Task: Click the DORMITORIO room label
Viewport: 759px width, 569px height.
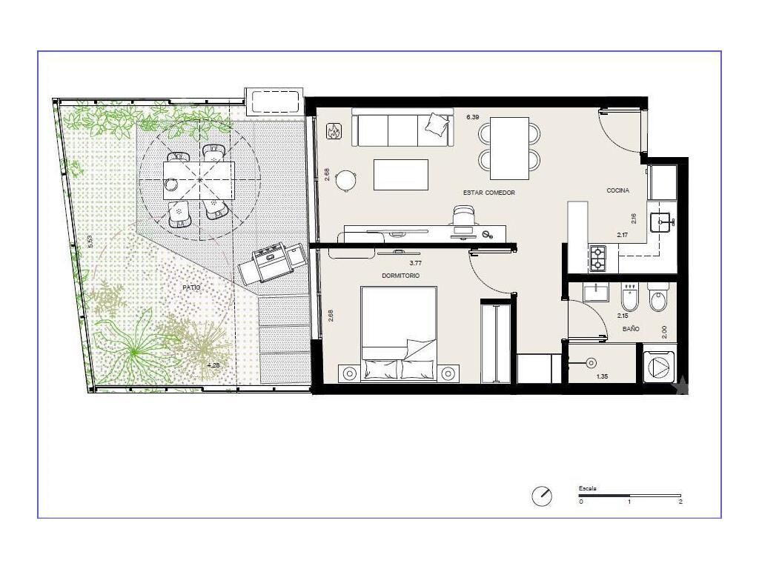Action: [400, 276]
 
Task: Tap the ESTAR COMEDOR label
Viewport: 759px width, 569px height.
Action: [489, 193]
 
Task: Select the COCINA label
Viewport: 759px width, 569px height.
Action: [617, 190]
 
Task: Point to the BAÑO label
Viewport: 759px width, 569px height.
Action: [631, 329]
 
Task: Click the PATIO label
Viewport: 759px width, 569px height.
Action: [191, 287]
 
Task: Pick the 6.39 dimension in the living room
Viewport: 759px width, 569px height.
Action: [472, 117]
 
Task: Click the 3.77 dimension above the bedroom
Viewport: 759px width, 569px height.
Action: [415, 263]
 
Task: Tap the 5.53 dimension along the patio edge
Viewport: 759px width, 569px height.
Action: [89, 242]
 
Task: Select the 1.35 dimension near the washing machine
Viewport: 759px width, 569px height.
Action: [602, 376]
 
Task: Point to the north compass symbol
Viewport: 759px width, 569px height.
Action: [542, 496]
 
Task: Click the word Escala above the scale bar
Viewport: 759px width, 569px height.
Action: [587, 488]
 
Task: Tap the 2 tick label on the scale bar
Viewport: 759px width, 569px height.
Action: [680, 502]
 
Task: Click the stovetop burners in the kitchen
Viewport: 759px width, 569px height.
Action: [597, 259]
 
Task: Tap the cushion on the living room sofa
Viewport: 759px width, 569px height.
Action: [437, 122]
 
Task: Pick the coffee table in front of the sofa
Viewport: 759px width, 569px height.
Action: [401, 175]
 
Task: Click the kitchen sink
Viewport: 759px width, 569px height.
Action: [660, 222]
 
